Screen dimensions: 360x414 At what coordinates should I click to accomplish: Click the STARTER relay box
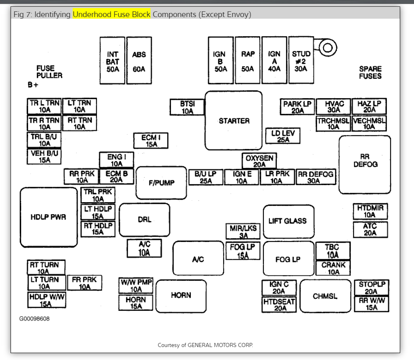233,121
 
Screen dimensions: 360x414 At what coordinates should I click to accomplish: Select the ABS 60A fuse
139,60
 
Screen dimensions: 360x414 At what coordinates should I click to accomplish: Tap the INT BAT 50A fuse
112,60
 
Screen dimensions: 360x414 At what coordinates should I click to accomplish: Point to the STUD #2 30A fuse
301,60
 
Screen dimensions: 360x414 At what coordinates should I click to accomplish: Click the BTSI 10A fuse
187,107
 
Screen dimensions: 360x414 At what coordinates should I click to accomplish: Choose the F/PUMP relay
161,183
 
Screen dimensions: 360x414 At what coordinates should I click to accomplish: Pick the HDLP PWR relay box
48,217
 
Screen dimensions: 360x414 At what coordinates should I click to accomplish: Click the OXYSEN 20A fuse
259,161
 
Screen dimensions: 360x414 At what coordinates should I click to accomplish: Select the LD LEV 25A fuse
283,136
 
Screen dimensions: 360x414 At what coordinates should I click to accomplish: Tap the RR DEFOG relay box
365,164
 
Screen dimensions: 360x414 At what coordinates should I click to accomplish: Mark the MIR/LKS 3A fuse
243,231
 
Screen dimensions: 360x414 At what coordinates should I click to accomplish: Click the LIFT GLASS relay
288,221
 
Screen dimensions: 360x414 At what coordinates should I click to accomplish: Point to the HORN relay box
181,295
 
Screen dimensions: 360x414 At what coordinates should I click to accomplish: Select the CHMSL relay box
325,296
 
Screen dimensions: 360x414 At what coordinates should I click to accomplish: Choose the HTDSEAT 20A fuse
279,305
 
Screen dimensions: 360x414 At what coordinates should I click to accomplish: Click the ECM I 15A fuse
151,141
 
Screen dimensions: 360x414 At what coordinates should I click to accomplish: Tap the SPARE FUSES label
370,73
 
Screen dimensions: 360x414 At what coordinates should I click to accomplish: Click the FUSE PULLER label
49,72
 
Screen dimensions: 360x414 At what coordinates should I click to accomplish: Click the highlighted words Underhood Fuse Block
112,15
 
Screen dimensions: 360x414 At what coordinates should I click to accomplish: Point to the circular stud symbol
328,48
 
